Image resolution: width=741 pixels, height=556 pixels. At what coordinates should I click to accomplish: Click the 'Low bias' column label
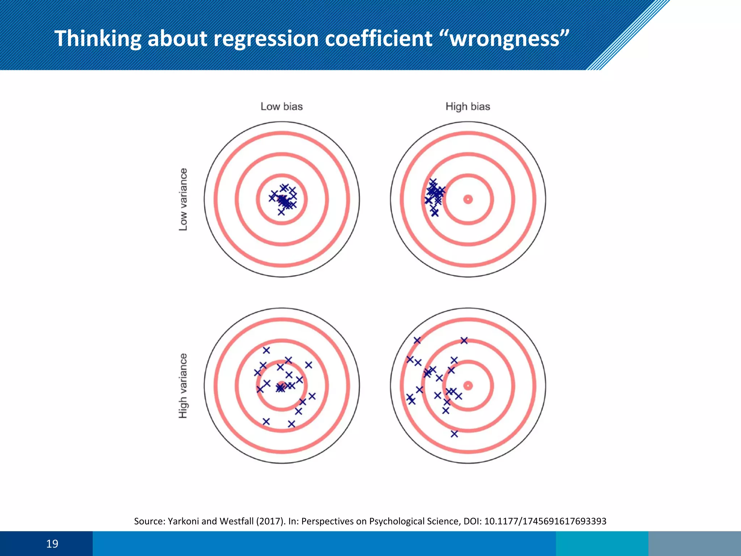tap(281, 106)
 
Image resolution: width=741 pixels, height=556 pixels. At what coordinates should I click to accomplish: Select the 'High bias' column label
tap(467, 106)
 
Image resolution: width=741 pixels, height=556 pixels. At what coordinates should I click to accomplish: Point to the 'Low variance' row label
tap(183, 199)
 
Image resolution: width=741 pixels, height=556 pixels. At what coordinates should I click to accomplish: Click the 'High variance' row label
tap(183, 386)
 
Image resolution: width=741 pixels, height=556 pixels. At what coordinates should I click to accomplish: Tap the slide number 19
tap(52, 544)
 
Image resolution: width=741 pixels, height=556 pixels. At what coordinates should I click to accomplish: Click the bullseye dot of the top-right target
tap(468, 199)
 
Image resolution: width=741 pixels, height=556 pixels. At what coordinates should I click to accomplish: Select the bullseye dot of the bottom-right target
tap(468, 386)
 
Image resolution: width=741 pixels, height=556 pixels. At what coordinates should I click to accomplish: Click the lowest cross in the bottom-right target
tap(454, 434)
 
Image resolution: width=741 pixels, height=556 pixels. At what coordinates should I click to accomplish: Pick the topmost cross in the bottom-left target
tap(266, 350)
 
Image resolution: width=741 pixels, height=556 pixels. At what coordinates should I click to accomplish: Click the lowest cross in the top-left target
tap(281, 212)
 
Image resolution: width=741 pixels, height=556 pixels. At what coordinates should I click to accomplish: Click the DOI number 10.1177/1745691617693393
tap(545, 521)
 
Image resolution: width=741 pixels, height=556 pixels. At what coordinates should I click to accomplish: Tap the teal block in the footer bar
tap(602, 544)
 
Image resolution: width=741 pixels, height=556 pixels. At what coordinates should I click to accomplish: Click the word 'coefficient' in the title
tap(378, 38)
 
